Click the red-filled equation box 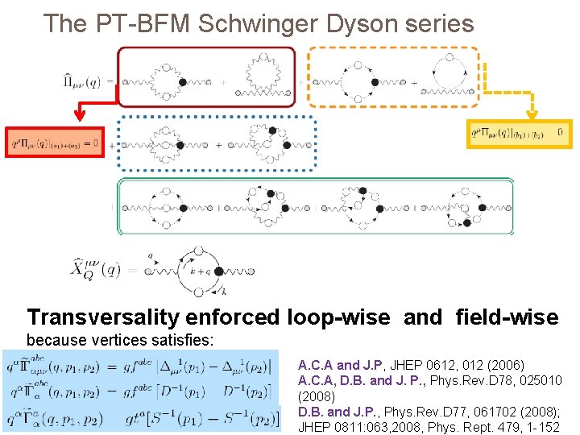point(55,143)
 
